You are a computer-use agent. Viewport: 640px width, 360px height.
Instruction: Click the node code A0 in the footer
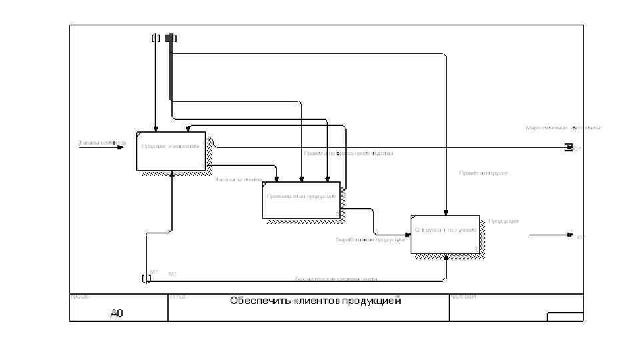click(117, 313)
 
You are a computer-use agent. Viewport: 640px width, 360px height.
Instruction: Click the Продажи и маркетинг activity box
click(171, 151)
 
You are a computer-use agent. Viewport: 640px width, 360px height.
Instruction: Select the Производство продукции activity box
click(301, 200)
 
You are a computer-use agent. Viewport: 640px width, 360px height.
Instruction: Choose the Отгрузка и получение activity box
click(445, 235)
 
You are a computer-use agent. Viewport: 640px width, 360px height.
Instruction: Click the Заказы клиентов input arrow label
click(101, 142)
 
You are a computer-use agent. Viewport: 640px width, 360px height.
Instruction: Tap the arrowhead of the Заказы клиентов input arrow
click(121, 147)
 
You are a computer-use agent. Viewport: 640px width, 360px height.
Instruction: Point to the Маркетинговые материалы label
click(563, 127)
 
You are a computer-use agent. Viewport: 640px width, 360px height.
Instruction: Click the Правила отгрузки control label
click(483, 173)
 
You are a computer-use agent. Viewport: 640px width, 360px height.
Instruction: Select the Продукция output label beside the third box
click(503, 221)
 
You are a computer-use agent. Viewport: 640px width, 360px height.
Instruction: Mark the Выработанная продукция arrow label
click(370, 240)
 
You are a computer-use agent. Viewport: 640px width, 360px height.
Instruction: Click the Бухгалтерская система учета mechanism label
click(336, 279)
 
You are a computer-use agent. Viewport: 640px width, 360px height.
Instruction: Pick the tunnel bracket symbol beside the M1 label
click(146, 278)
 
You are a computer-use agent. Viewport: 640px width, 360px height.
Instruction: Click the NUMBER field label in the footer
click(463, 296)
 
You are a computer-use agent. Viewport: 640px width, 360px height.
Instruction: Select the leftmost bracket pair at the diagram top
click(155, 37)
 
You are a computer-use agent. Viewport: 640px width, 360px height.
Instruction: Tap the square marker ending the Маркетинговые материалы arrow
click(569, 147)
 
